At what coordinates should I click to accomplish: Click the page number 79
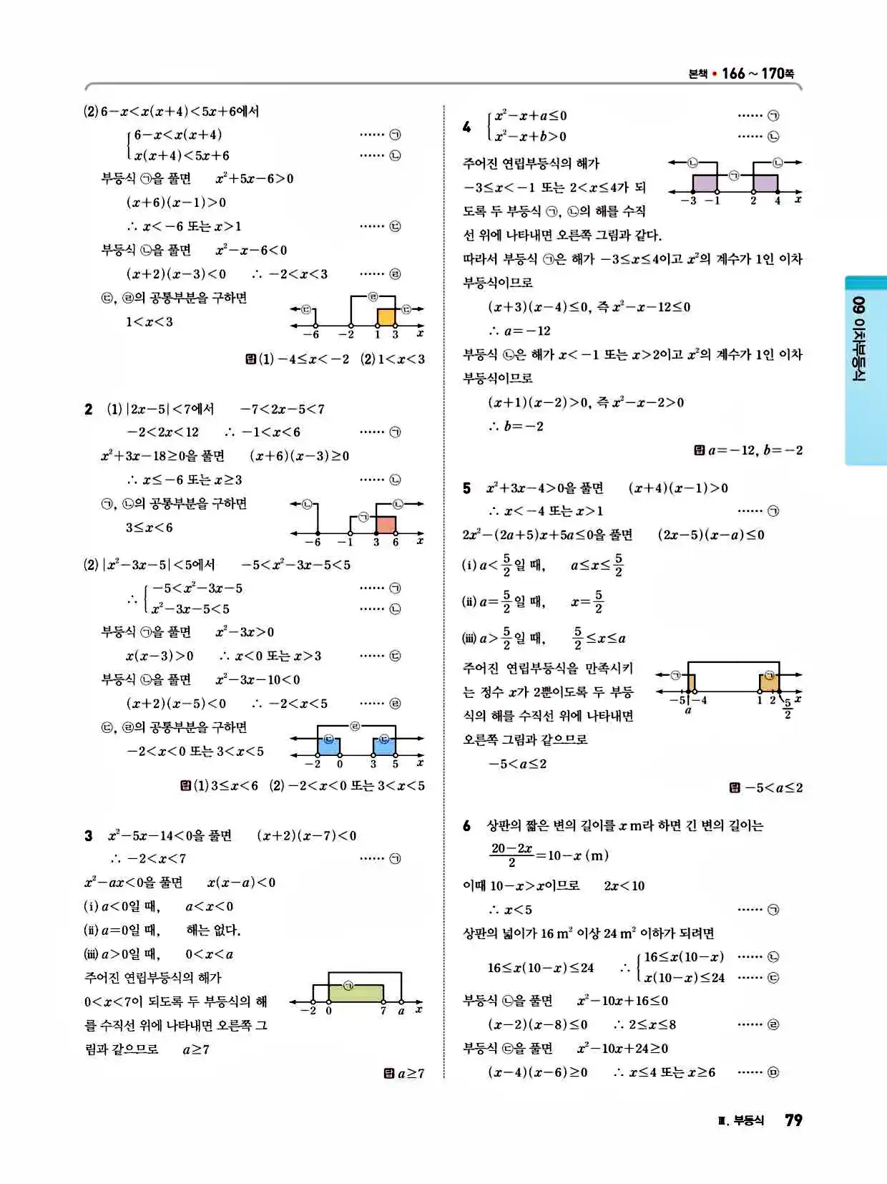(x=793, y=1120)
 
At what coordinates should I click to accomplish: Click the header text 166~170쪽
(x=758, y=73)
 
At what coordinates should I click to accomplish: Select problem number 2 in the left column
(x=88, y=409)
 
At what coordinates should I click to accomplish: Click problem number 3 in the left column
(x=88, y=835)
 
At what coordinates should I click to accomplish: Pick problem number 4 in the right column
(x=466, y=127)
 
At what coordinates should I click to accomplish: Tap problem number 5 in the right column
(x=466, y=488)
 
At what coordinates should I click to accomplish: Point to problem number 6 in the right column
(x=466, y=826)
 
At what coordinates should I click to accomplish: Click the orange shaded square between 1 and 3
(x=386, y=317)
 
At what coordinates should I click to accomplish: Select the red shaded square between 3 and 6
(x=386, y=525)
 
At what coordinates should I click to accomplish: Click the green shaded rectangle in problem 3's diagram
(x=356, y=994)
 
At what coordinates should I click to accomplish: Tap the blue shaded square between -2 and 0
(x=328, y=745)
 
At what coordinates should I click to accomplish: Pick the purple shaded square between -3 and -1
(x=705, y=183)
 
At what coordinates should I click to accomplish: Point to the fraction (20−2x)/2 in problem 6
(x=511, y=855)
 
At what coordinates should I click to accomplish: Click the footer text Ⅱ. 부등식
(x=741, y=1121)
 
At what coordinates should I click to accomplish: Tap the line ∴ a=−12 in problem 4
(x=519, y=331)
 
